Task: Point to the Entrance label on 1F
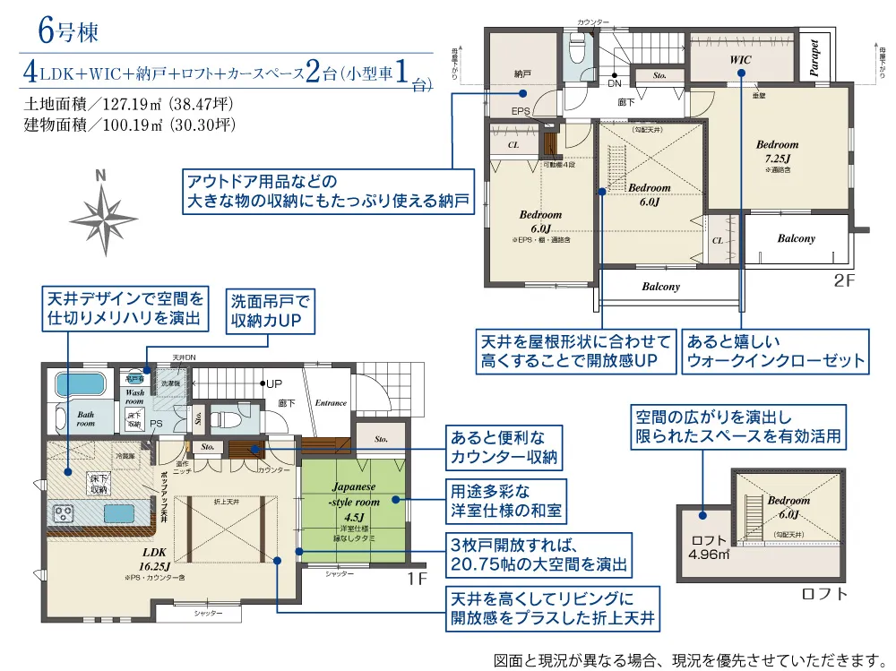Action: (331, 403)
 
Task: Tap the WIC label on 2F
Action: (740, 60)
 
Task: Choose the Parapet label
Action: (814, 60)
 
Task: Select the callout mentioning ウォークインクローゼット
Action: (776, 350)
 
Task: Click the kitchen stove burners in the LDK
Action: (65, 514)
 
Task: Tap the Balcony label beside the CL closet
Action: (796, 238)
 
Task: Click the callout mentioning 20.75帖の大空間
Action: (538, 555)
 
